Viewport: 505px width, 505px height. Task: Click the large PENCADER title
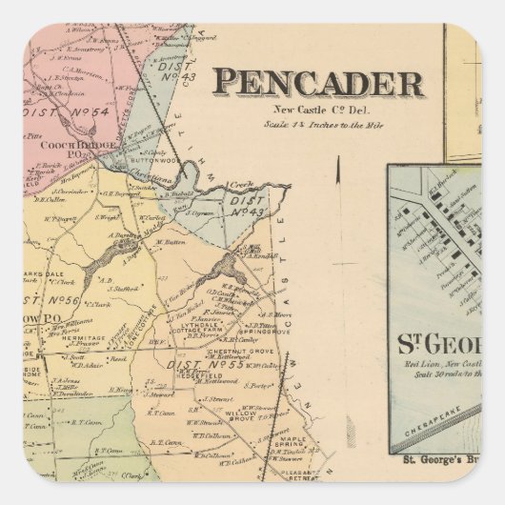click(x=316, y=83)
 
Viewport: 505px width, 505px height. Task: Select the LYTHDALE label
click(x=191, y=322)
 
